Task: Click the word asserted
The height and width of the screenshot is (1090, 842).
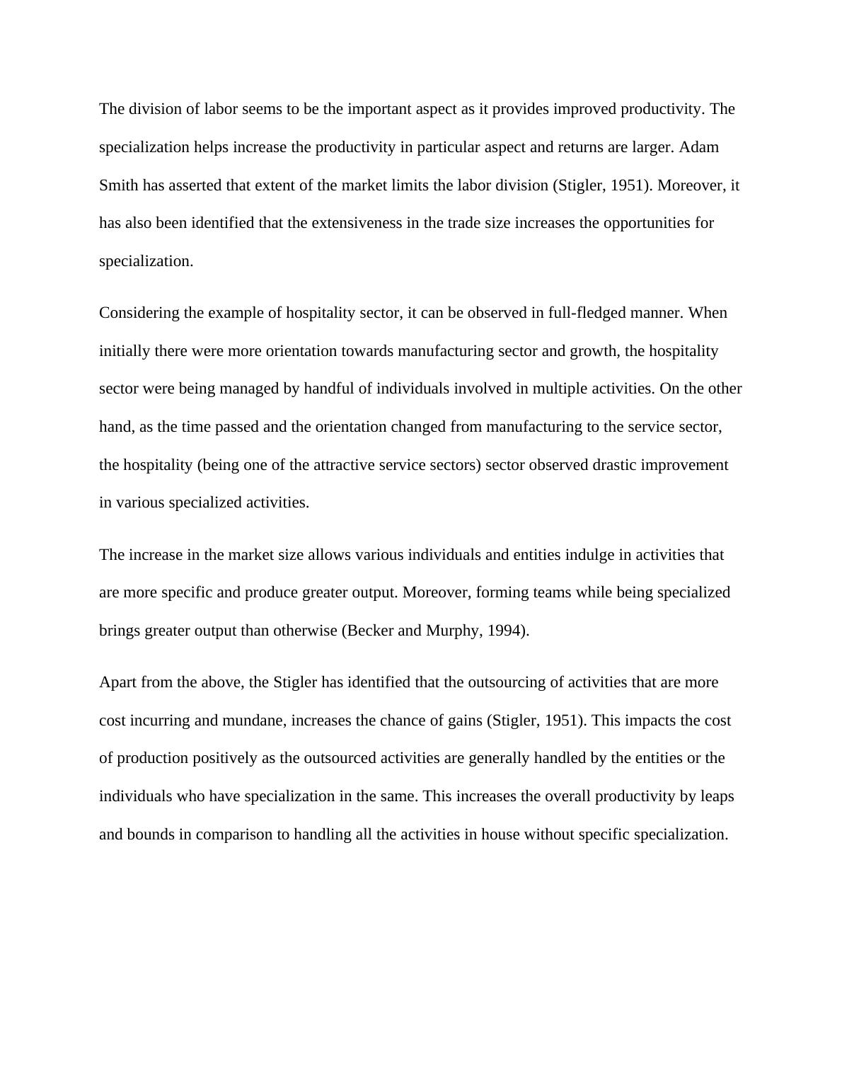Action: point(195,185)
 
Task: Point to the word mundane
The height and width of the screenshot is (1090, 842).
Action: point(255,721)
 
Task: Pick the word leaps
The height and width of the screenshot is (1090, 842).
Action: point(717,796)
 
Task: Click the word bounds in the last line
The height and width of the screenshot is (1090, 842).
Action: point(150,834)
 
